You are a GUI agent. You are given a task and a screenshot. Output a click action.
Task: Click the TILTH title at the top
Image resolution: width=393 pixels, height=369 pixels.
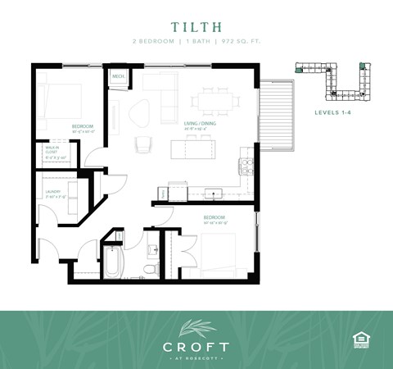[196, 25]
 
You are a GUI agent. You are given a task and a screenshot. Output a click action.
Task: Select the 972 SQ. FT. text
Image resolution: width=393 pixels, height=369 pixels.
[242, 41]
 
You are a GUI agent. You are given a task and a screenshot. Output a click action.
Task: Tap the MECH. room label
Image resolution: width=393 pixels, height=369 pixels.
[119, 77]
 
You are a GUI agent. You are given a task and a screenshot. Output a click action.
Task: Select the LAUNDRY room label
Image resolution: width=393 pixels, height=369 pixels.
[51, 195]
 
